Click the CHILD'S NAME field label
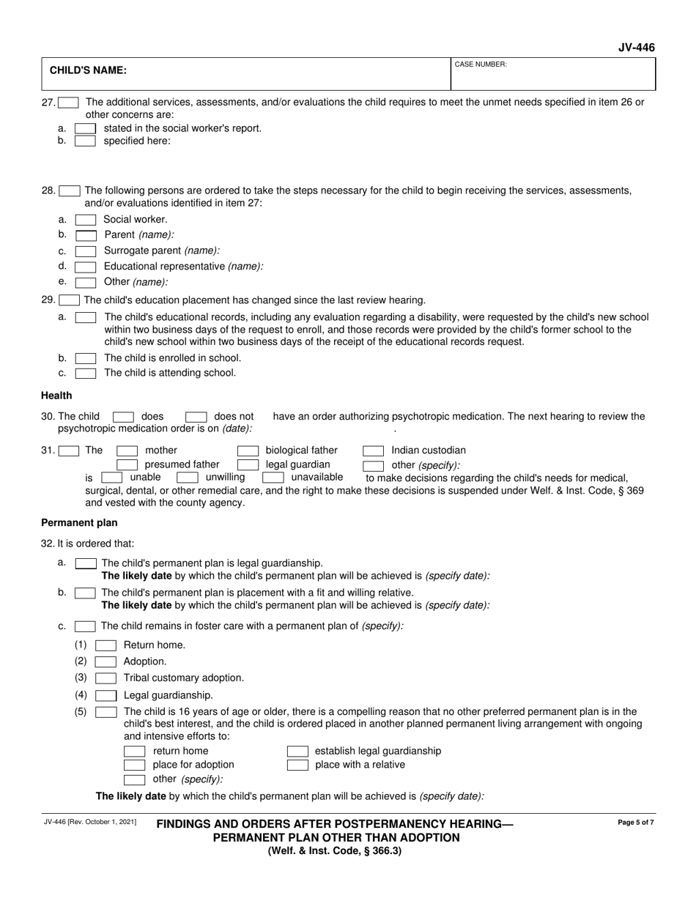[87, 71]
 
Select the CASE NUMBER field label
[481, 64]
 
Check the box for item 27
[69, 103]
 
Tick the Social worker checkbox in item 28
[86, 220]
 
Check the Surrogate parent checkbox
[86, 251]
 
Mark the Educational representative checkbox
[86, 267]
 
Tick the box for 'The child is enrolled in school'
[86, 359]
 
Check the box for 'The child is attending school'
[86, 374]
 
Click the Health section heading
[56, 396]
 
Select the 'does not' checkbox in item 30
[196, 417]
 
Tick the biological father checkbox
[248, 450]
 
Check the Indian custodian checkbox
[374, 450]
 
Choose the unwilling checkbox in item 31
[188, 478]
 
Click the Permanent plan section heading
[79, 523]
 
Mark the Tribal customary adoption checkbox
[106, 678]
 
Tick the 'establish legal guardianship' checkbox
[297, 752]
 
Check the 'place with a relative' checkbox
[297, 765]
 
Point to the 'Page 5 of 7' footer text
[636, 823]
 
